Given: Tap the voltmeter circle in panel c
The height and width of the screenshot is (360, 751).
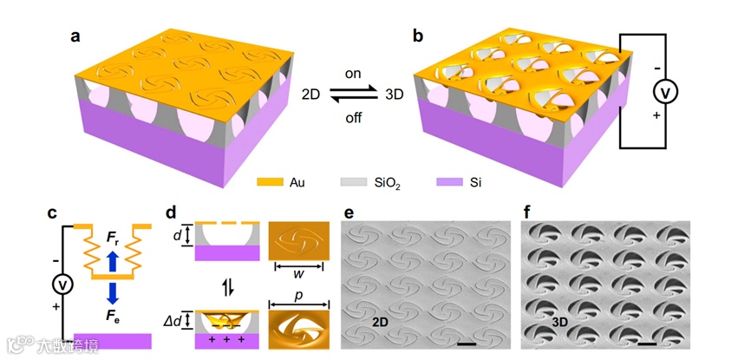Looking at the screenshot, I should pyautogui.click(x=61, y=283).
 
